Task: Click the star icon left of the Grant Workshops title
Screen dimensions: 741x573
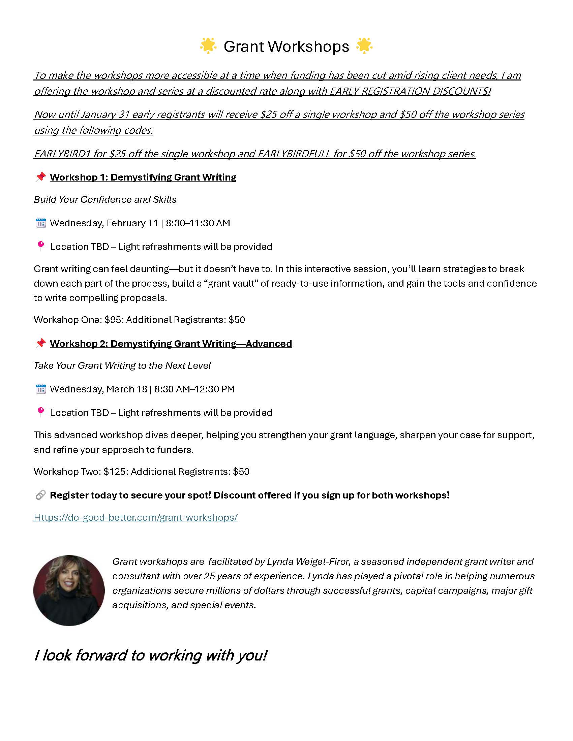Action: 208,46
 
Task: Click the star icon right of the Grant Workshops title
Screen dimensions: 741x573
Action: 364,46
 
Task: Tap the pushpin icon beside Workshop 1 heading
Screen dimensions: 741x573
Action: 41,177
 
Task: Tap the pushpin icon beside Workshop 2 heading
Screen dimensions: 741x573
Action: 41,343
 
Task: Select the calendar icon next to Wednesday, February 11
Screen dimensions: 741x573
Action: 41,223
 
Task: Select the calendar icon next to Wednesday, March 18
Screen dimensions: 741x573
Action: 41,389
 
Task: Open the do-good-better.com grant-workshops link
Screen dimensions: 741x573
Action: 135,517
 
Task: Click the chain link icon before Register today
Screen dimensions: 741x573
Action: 40,495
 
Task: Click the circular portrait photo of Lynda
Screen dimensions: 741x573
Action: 69,590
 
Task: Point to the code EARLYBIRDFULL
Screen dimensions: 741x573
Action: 294,154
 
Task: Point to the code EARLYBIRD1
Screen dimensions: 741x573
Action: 62,154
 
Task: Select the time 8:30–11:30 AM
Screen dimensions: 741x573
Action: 198,223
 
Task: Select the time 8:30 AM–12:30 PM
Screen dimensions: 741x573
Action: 194,389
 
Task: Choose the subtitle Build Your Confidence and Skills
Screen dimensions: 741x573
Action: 105,199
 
